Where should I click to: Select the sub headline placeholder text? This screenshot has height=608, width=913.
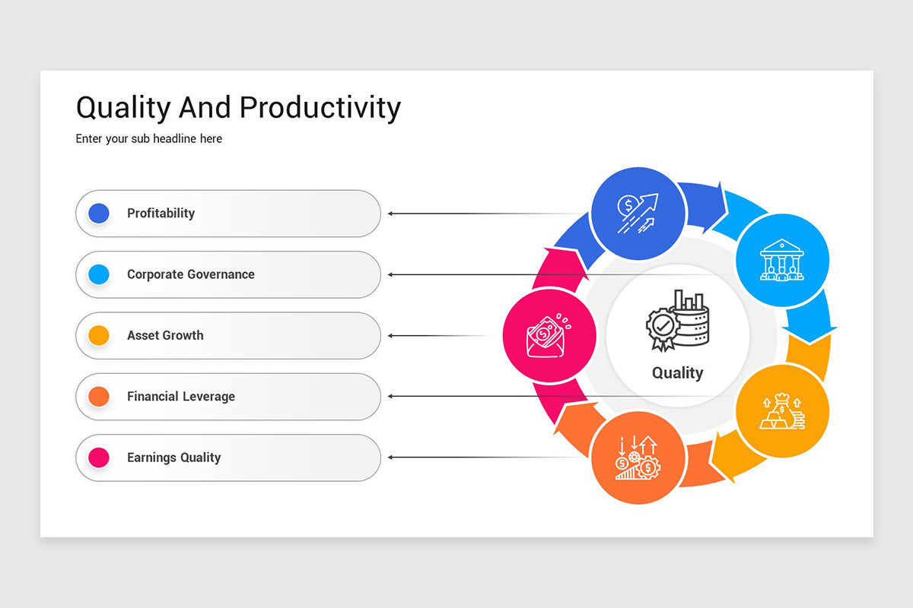(x=149, y=139)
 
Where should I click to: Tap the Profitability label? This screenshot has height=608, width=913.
(x=161, y=214)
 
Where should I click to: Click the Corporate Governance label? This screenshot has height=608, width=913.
(x=190, y=274)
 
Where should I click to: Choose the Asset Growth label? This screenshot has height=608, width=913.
(x=165, y=335)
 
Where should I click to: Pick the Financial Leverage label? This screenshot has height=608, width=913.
(x=181, y=397)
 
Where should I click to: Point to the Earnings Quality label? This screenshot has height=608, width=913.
(x=173, y=458)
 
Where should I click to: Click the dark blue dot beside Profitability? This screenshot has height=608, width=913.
(x=99, y=214)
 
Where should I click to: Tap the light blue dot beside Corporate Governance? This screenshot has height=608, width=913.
(x=99, y=274)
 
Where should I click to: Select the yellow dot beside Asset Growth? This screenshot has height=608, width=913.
(x=99, y=335)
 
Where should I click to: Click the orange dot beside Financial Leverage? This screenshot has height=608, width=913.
(x=99, y=397)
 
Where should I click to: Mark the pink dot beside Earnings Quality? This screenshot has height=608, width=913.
(x=99, y=458)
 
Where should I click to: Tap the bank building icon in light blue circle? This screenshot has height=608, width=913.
(x=781, y=260)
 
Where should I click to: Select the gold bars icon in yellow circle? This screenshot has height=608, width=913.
(x=781, y=411)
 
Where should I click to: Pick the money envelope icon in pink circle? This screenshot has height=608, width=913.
(x=549, y=335)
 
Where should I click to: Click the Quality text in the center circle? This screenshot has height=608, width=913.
(x=677, y=373)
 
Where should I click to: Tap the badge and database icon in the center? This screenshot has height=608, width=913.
(x=677, y=321)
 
